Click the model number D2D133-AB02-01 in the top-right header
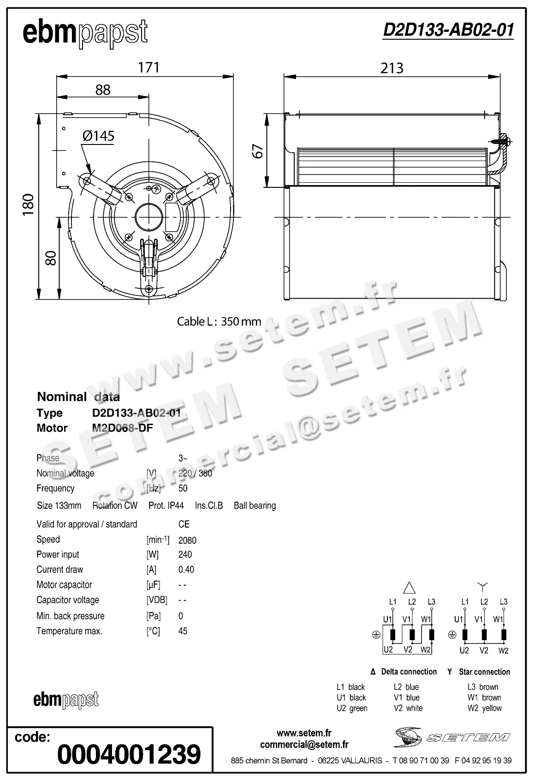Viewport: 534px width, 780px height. pyautogui.click(x=448, y=30)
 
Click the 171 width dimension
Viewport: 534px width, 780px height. pyautogui.click(x=148, y=67)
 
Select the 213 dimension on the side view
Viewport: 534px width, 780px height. pyautogui.click(x=392, y=68)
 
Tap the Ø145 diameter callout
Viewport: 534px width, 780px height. pyautogui.click(x=98, y=136)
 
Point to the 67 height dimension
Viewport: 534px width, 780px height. pyautogui.click(x=259, y=151)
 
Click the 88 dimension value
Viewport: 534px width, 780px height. pyautogui.click(x=103, y=90)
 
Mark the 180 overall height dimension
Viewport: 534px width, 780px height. pyautogui.click(x=28, y=204)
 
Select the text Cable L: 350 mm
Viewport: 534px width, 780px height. pyautogui.click(x=219, y=322)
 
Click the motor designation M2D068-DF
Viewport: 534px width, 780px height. pyautogui.click(x=122, y=428)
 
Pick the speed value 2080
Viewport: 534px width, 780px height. pyautogui.click(x=187, y=540)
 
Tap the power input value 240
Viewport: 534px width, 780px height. pyautogui.click(x=185, y=554)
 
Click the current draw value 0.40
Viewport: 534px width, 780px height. pyautogui.click(x=186, y=570)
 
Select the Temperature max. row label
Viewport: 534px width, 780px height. pyautogui.click(x=69, y=631)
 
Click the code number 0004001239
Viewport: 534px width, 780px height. pyautogui.click(x=129, y=754)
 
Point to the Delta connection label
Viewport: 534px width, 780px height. pyautogui.click(x=409, y=672)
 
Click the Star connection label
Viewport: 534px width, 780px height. pyautogui.click(x=484, y=672)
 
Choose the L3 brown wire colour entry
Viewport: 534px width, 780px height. pyautogui.click(x=483, y=687)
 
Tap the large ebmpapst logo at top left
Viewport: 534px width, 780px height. pyautogui.click(x=85, y=33)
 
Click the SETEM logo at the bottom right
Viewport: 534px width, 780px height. pyautogui.click(x=452, y=738)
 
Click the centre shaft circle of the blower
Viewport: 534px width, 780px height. pyautogui.click(x=148, y=216)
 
